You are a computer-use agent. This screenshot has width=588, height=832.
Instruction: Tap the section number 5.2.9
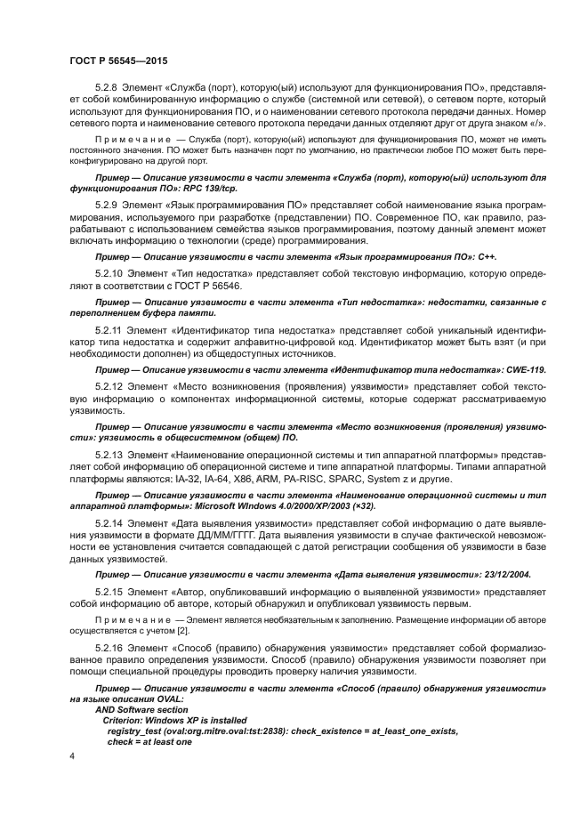[x=107, y=205]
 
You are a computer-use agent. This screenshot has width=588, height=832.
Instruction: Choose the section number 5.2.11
[x=109, y=329]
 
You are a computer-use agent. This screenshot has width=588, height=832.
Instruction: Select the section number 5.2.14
[x=109, y=521]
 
